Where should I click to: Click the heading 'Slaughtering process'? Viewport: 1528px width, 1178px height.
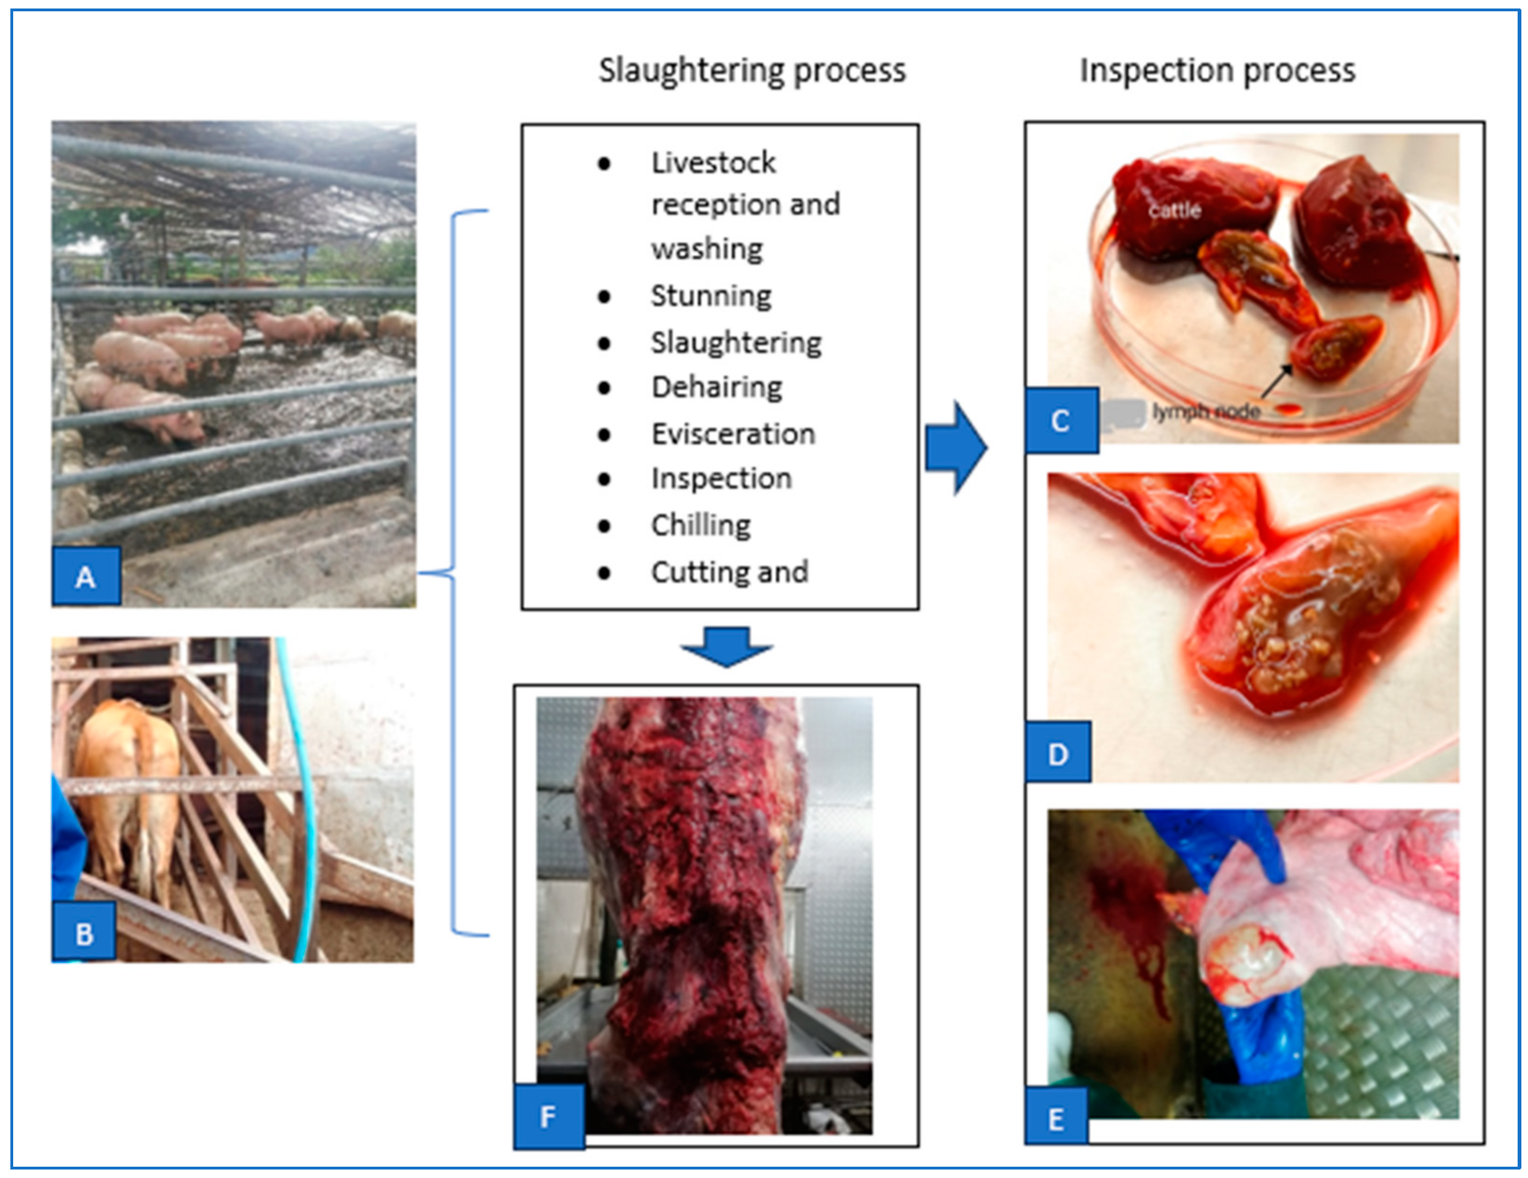752,70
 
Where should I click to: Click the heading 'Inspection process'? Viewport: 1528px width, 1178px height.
1217,70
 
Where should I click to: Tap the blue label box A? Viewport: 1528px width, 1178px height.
86,576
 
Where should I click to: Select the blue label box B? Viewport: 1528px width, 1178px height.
84,933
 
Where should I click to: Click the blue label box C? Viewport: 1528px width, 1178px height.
1061,420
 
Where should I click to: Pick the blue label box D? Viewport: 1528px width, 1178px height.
1058,753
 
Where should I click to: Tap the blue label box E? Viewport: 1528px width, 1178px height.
1056,1119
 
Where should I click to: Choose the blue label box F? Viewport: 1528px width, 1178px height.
548,1117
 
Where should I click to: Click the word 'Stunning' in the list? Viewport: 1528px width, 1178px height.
711,295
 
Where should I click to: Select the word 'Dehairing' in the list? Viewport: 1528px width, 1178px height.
716,387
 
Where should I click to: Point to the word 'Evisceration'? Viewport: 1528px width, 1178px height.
732,433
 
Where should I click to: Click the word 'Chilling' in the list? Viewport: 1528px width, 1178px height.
700,525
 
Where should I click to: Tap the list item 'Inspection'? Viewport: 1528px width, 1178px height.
721,479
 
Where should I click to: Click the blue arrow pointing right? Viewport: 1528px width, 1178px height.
956,447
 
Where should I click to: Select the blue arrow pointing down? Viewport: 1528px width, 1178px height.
727,646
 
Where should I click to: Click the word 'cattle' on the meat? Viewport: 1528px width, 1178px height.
1174,210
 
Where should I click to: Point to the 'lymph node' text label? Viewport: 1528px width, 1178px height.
1206,412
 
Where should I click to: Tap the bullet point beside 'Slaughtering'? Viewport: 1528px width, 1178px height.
604,343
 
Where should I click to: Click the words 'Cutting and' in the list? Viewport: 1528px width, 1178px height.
729,572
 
